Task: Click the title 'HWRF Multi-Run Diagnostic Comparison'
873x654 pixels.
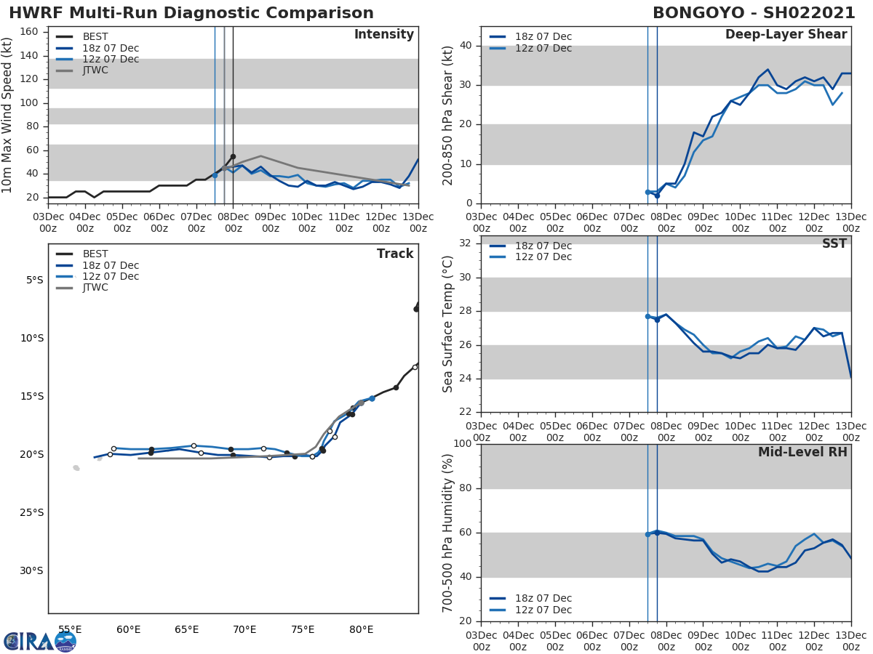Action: pyautogui.click(x=191, y=13)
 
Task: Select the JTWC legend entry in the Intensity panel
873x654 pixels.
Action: pyautogui.click(x=95, y=70)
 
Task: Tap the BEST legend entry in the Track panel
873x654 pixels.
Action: pyautogui.click(x=95, y=254)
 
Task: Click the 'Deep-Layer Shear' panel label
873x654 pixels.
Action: pyautogui.click(x=786, y=35)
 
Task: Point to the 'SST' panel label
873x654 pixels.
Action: pyautogui.click(x=834, y=244)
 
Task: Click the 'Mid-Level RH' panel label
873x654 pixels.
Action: pyautogui.click(x=802, y=452)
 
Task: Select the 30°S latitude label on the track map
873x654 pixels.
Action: pyautogui.click(x=31, y=570)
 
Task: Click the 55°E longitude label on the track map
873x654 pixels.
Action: pyautogui.click(x=70, y=629)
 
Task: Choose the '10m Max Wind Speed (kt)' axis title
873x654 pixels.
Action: pyautogui.click(x=8, y=116)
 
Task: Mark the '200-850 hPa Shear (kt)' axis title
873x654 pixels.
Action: pyautogui.click(x=448, y=115)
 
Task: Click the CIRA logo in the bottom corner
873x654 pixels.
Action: pyautogui.click(x=39, y=642)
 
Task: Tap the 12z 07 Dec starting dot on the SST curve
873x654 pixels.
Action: pyautogui.click(x=647, y=316)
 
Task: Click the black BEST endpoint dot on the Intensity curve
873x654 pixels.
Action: pyautogui.click(x=233, y=156)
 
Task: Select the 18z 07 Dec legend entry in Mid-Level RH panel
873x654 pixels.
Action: pyautogui.click(x=541, y=599)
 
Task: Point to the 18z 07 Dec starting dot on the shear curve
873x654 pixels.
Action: pyautogui.click(x=657, y=195)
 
